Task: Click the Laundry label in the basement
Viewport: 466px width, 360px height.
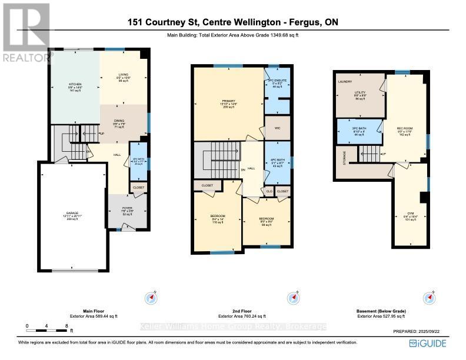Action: (345, 81)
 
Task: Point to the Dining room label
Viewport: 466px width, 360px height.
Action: (119, 122)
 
